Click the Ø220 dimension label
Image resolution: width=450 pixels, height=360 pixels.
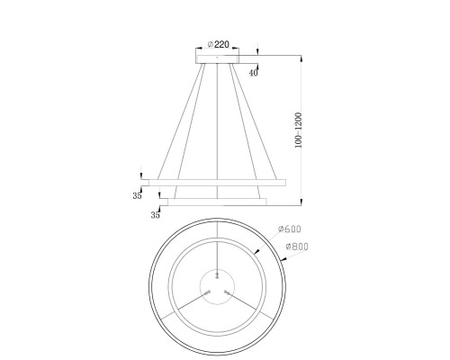point(219,44)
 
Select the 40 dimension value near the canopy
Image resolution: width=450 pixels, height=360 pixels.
point(254,73)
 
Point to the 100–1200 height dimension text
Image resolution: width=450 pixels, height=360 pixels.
point(298,130)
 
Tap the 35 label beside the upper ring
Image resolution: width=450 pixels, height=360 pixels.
point(137,196)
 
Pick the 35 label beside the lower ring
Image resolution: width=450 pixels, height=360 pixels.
point(155,215)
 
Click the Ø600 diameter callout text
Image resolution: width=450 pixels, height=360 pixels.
point(290,229)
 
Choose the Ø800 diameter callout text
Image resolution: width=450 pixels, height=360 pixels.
point(297,247)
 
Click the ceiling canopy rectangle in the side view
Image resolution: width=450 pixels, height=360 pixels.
point(218,59)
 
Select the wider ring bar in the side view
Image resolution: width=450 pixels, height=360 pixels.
point(218,183)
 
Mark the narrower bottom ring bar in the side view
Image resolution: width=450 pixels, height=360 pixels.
point(217,202)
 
